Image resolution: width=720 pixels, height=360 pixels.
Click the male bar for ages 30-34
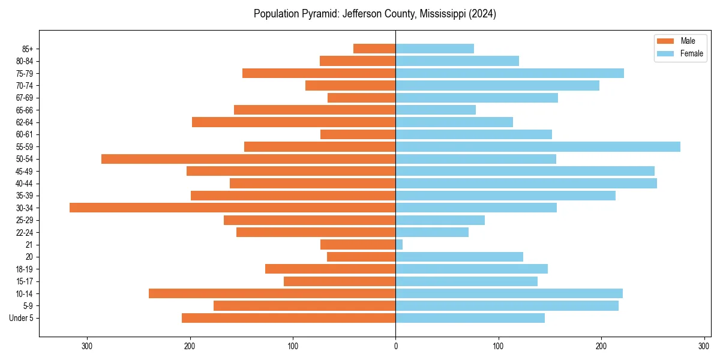pos(232,208)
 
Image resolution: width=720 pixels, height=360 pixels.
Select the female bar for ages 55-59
pos(538,146)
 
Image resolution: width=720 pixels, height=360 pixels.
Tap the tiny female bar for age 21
pos(399,244)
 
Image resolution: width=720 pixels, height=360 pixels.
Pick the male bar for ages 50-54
pos(248,159)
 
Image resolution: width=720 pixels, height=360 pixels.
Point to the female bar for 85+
pos(434,49)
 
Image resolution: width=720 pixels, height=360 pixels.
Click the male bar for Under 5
pos(289,318)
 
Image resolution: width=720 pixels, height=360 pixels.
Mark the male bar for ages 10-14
pos(272,293)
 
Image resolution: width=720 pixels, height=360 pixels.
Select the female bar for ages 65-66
pos(436,110)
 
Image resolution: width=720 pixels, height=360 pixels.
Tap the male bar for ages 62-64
pos(293,122)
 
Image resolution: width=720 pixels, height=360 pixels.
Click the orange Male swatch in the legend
pos(666,41)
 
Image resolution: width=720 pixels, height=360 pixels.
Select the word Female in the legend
pos(692,53)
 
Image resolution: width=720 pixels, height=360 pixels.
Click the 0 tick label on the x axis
pos(395,346)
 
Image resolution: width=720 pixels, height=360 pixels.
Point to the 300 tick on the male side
pos(87,346)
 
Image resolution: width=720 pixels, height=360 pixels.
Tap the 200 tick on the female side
pos(601,346)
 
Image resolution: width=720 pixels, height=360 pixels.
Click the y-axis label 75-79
pos(25,73)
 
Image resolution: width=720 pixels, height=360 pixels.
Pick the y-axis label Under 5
pos(22,318)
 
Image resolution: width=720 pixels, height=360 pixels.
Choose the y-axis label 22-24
pos(25,232)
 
